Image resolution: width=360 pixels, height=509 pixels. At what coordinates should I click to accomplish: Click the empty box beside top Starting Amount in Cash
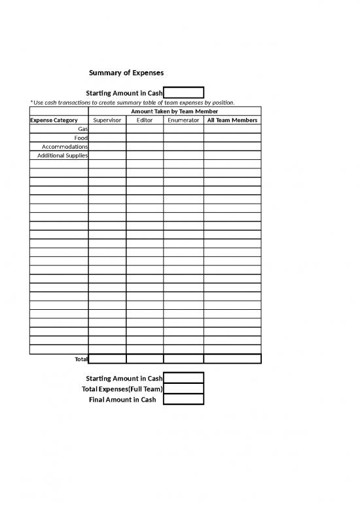(183, 93)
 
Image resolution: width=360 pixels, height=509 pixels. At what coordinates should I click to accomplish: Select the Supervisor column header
(107, 121)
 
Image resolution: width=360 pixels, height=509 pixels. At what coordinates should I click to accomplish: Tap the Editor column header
(145, 121)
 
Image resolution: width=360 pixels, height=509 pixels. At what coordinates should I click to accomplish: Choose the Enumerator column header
(183, 121)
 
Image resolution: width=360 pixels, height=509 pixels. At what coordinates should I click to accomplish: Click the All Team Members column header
(232, 121)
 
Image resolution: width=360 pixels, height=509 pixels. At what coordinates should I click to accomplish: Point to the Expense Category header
(54, 121)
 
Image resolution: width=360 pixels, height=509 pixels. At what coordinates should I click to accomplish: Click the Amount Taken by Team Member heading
(175, 112)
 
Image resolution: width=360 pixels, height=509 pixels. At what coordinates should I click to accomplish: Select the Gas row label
(82, 129)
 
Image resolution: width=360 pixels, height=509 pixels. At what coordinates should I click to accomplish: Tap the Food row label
(81, 138)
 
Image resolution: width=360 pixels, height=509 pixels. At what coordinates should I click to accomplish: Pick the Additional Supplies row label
(63, 155)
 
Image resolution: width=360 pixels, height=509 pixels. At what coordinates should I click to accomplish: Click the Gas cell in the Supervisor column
(107, 129)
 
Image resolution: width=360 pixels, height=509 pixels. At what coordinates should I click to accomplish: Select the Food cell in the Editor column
(145, 138)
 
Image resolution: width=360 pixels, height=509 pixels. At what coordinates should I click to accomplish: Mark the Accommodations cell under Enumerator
(183, 147)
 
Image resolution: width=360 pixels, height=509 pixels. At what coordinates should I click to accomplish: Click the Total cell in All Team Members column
(232, 358)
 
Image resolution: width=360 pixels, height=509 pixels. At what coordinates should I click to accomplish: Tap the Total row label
(81, 359)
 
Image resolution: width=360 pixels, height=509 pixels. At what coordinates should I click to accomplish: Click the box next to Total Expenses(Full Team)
(183, 388)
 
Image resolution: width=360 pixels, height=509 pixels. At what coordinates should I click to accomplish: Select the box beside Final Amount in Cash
(183, 399)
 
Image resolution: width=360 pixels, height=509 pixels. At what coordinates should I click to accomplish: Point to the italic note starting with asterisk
(132, 103)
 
